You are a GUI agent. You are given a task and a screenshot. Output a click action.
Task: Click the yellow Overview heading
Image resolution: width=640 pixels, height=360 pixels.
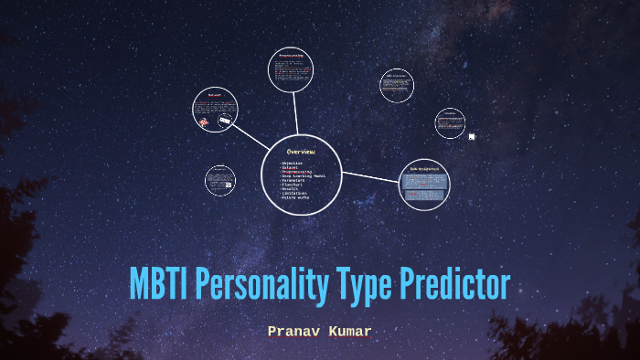301,151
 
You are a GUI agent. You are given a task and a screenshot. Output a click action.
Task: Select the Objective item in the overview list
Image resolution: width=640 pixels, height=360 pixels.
293,163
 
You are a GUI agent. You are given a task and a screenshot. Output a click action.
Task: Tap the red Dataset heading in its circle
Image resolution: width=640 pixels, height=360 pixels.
215,94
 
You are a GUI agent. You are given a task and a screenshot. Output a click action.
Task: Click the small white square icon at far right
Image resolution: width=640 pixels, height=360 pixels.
472,137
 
